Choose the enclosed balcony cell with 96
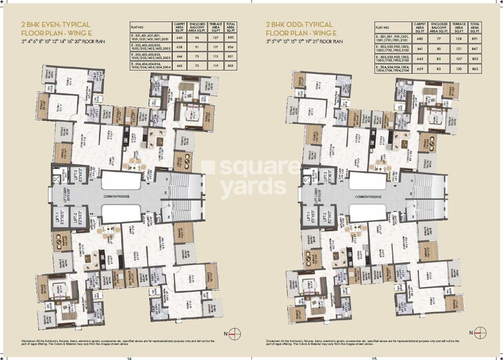[x=197, y=37]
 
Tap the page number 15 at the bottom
[x=374, y=357]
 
